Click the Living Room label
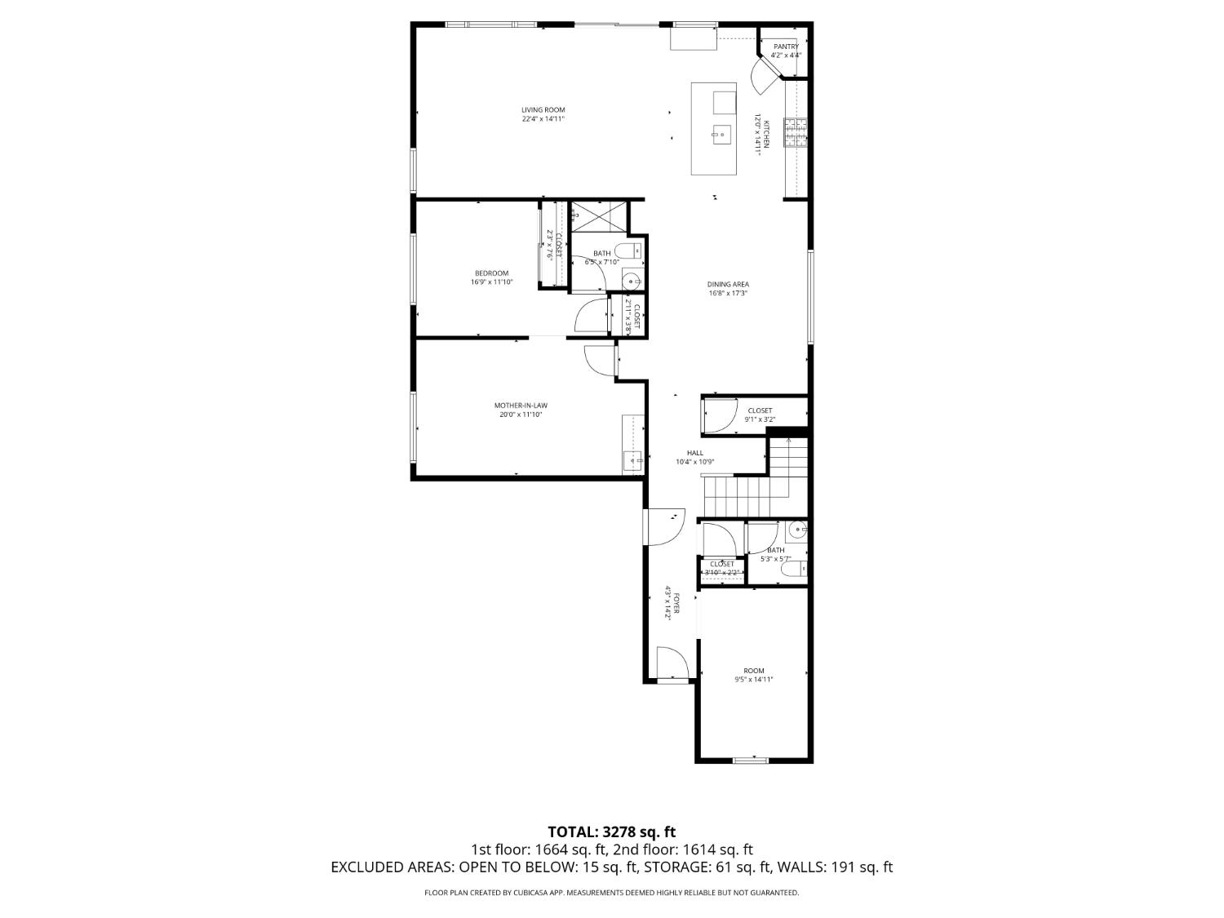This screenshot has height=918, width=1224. click(x=543, y=110)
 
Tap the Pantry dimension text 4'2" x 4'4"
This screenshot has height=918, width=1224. click(x=787, y=55)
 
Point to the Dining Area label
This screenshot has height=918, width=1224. click(x=728, y=285)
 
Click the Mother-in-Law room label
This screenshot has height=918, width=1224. click(x=521, y=406)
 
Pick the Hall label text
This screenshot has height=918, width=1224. click(x=694, y=453)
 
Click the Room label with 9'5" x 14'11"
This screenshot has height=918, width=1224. click(x=754, y=671)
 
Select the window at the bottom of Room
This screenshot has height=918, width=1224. click(x=750, y=761)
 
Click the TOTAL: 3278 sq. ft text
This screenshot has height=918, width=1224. click(x=611, y=832)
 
